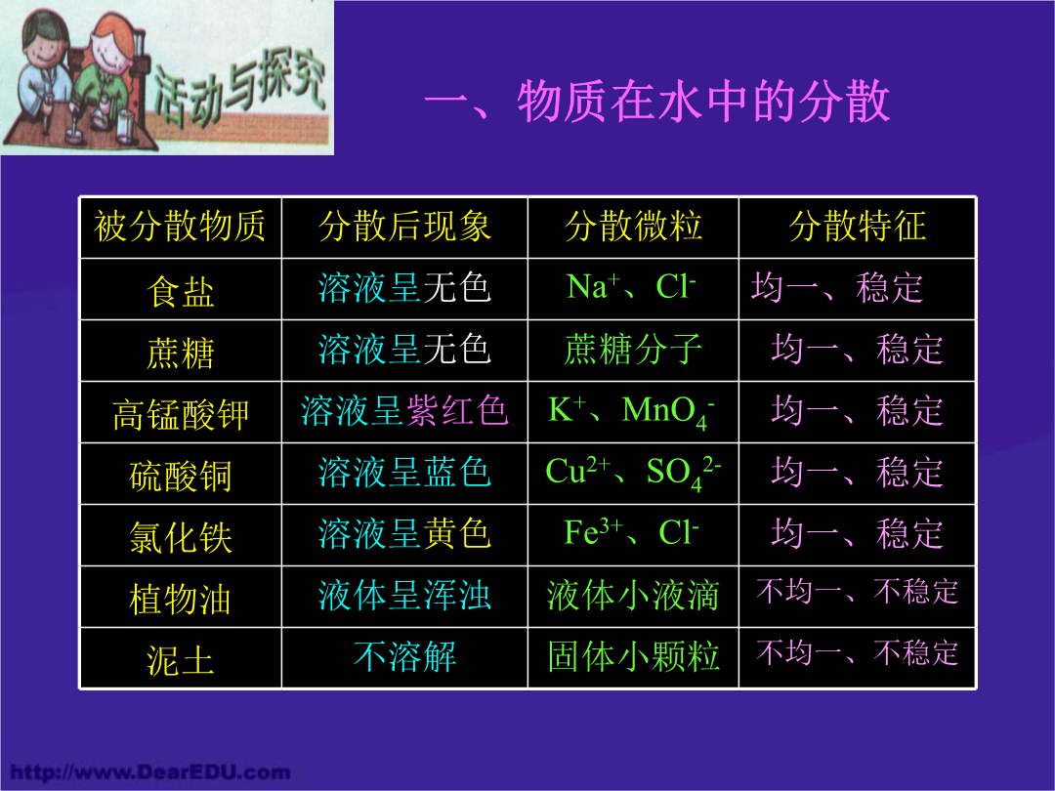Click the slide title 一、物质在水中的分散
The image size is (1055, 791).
pyautogui.click(x=657, y=103)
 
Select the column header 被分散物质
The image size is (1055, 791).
pyautogui.click(x=180, y=226)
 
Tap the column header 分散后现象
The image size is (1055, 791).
pyautogui.click(x=404, y=226)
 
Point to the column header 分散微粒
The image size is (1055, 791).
pyautogui.click(x=633, y=226)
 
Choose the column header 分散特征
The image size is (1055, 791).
pyautogui.click(x=858, y=226)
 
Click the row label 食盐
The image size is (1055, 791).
pyautogui.click(x=181, y=292)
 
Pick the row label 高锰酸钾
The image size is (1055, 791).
pyautogui.click(x=181, y=414)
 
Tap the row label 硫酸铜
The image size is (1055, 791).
pyautogui.click(x=181, y=477)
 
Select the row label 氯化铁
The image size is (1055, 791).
pyautogui.click(x=181, y=537)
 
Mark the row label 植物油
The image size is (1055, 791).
pyautogui.click(x=181, y=600)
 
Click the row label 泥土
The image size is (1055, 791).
pyautogui.click(x=181, y=660)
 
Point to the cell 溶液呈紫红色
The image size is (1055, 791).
pyautogui.click(x=404, y=410)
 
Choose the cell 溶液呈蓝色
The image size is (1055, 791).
pyautogui.click(x=404, y=472)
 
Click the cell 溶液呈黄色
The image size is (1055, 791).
pyautogui.click(x=404, y=533)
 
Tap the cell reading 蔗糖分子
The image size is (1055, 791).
pyautogui.click(x=633, y=349)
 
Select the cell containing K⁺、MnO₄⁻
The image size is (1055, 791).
pyautogui.click(x=632, y=412)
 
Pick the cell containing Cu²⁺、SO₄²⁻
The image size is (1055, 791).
pyautogui.click(x=633, y=473)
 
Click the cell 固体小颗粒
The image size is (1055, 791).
pyautogui.click(x=633, y=656)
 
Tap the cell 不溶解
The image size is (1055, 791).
pyautogui.click(x=404, y=656)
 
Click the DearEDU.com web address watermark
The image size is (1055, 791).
pyautogui.click(x=150, y=771)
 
